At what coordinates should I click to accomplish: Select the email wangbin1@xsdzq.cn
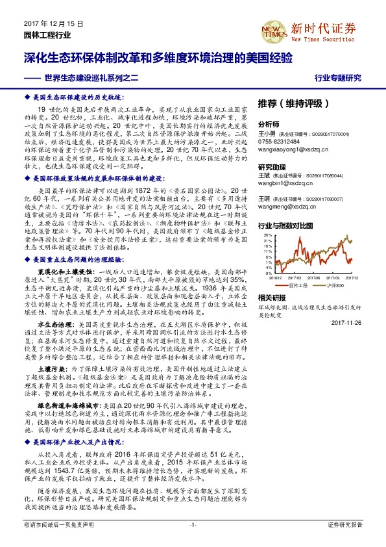(x=286, y=184)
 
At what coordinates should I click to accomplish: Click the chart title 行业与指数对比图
(x=285, y=225)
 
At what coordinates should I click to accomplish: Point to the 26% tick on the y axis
(x=267, y=236)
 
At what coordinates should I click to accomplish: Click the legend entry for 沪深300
(x=337, y=286)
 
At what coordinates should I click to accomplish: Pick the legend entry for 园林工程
(x=298, y=286)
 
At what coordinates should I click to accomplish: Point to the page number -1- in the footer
(x=193, y=524)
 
